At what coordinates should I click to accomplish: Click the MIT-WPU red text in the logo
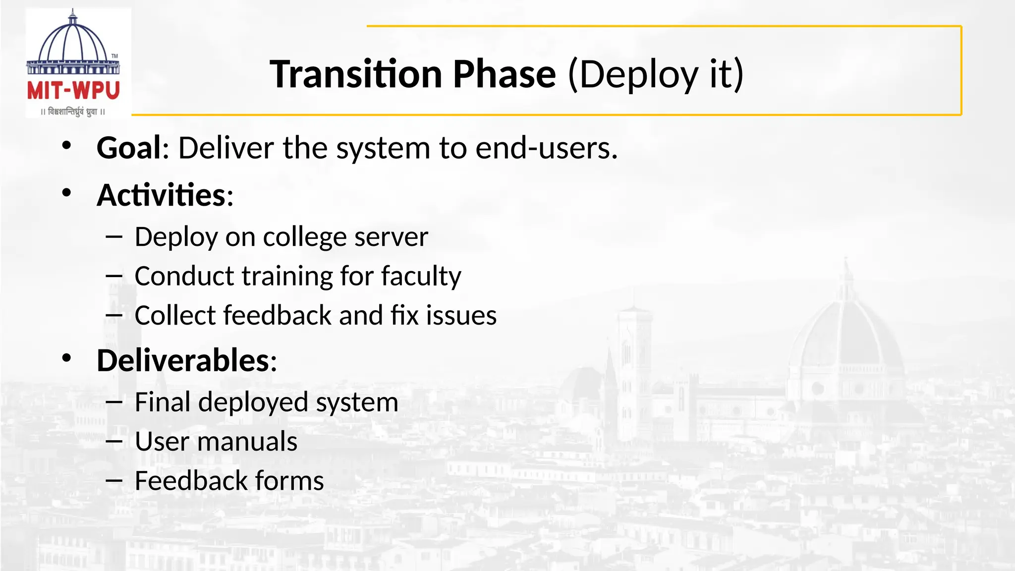click(73, 91)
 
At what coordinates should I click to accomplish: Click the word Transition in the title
click(355, 74)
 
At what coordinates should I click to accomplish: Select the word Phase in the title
click(504, 74)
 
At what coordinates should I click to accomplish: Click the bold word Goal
click(129, 148)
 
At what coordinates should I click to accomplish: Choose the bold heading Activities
click(162, 195)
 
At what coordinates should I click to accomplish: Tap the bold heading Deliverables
click(183, 360)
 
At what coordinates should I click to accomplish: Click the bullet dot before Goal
click(67, 146)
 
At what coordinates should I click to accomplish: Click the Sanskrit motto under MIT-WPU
click(73, 112)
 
